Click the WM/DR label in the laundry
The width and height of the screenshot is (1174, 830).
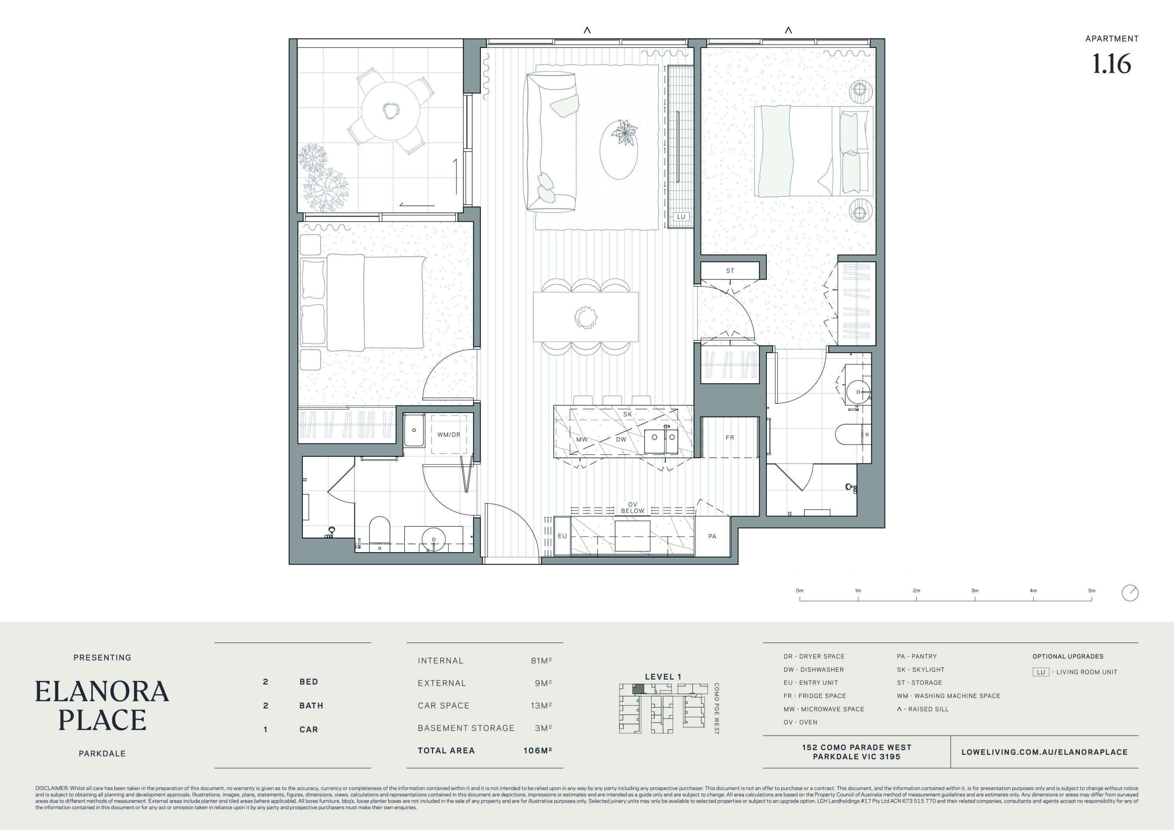[448, 435]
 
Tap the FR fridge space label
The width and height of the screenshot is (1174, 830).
[730, 437]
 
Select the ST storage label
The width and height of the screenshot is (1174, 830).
[730, 270]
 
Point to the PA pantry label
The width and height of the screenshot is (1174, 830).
[712, 537]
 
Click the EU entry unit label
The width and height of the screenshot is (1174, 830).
[562, 536]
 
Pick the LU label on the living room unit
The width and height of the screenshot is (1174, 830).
[681, 217]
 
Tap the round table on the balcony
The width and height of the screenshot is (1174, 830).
[391, 110]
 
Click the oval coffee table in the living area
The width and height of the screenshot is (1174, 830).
[619, 150]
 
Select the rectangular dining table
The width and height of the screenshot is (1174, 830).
[586, 317]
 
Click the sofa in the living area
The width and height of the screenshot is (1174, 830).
[551, 142]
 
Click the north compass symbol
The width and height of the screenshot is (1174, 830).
[1130, 593]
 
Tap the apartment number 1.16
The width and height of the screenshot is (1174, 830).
[1112, 64]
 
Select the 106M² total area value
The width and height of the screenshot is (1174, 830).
[537, 750]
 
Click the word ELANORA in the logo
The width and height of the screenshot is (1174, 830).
[102, 691]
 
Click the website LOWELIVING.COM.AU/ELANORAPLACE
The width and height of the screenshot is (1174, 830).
[1044, 752]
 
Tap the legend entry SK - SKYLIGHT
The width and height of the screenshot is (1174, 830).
[921, 670]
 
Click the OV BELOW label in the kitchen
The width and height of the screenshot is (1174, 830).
[632, 507]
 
